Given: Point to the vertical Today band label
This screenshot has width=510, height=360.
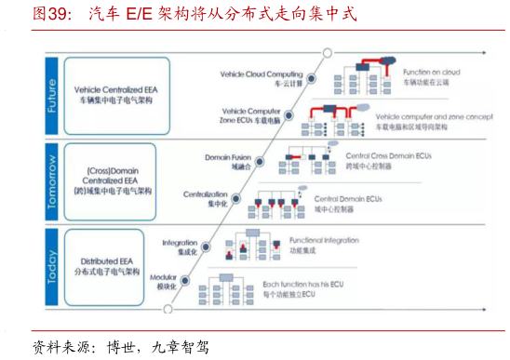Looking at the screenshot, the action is point(52,265).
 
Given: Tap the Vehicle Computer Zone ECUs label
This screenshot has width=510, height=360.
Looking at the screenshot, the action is point(250,116).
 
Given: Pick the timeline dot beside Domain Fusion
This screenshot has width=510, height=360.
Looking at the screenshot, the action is point(260,160).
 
